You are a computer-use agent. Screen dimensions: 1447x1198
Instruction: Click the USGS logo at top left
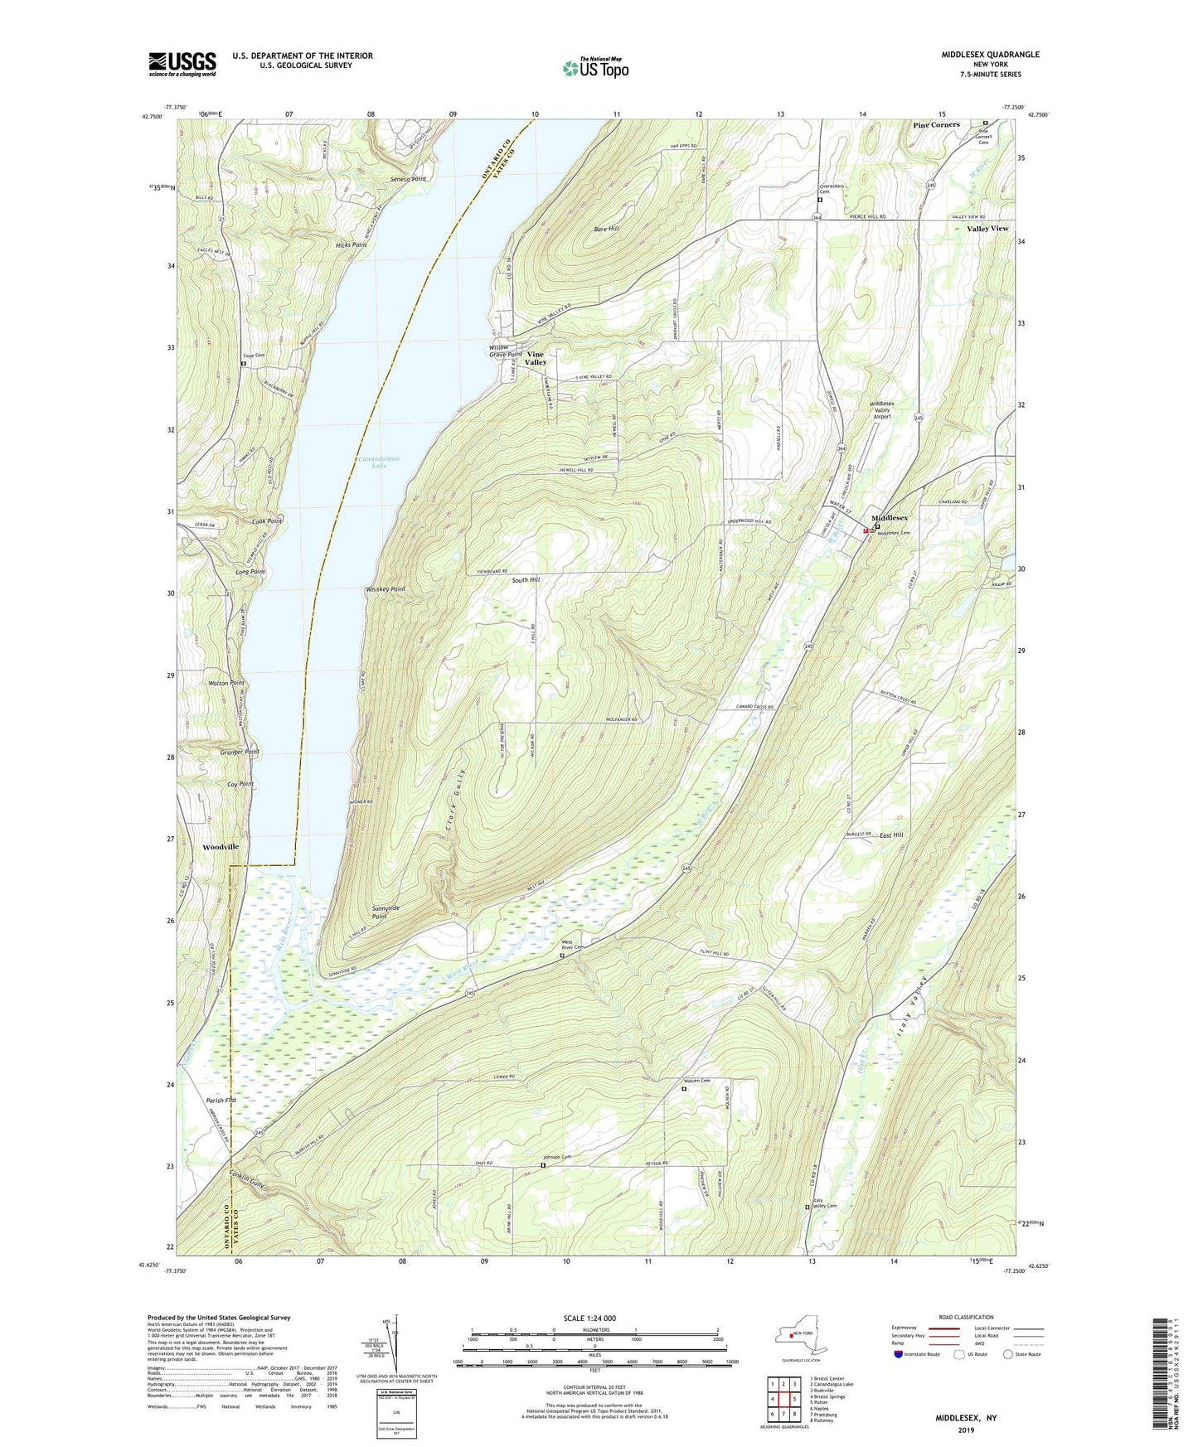point(182,64)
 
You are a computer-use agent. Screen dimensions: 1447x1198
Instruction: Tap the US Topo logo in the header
point(595,68)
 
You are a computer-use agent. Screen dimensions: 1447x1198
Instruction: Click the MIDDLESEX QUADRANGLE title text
point(990,55)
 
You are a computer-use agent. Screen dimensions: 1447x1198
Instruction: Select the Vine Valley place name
point(536,358)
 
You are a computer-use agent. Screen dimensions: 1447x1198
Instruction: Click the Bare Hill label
point(606,228)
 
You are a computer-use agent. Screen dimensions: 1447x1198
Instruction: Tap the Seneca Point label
point(408,179)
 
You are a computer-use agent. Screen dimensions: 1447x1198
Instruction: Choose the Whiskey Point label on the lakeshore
point(386,589)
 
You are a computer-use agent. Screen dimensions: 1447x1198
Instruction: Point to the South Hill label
point(526,580)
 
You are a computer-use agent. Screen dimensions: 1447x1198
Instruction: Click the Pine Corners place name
point(936,125)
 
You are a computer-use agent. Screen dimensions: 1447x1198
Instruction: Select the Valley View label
point(987,228)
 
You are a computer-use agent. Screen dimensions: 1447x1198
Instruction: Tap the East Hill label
point(891,835)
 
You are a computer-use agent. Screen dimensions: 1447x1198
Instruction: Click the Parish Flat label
point(221,1101)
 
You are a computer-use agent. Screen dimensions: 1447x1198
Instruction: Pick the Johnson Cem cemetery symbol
point(543,1165)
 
